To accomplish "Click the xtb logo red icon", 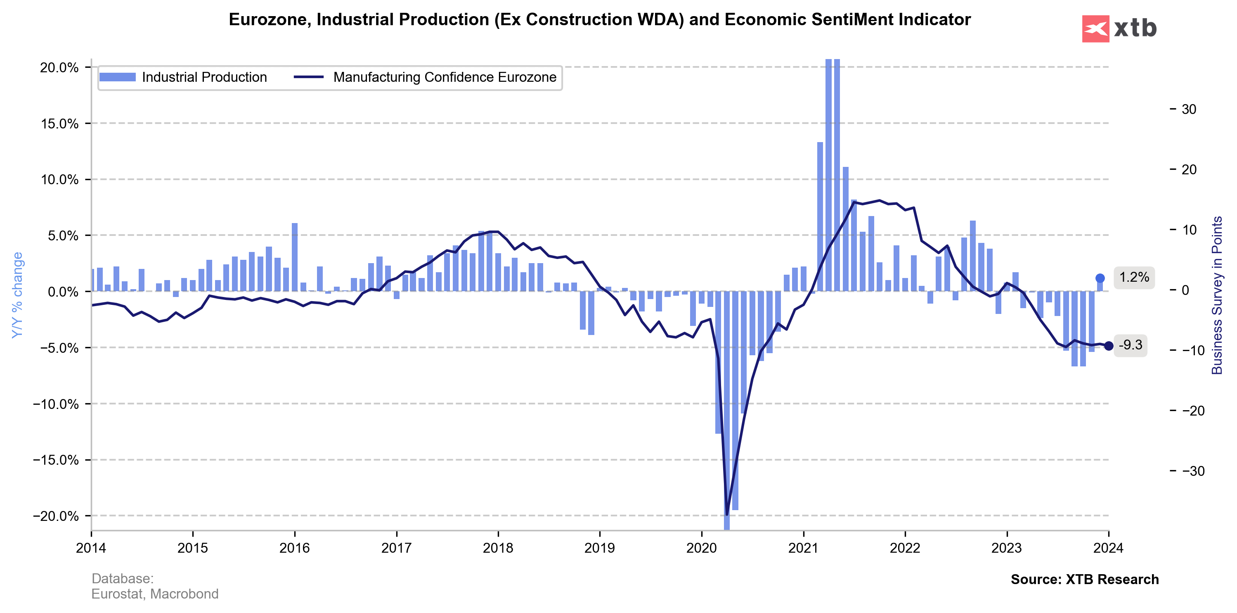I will (x=1095, y=29).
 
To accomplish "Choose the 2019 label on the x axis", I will (x=599, y=548).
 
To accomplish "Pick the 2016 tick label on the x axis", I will (x=294, y=548).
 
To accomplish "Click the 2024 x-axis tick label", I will (x=1108, y=548).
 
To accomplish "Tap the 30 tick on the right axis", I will (x=1188, y=109).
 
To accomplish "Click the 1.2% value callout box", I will (x=1134, y=278).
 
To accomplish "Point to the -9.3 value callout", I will (x=1130, y=345).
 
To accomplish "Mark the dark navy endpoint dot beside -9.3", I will (x=1108, y=346).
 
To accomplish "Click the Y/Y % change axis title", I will (x=17, y=295).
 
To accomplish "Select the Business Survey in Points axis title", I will (x=1216, y=295).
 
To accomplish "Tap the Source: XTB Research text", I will (x=1084, y=580).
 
